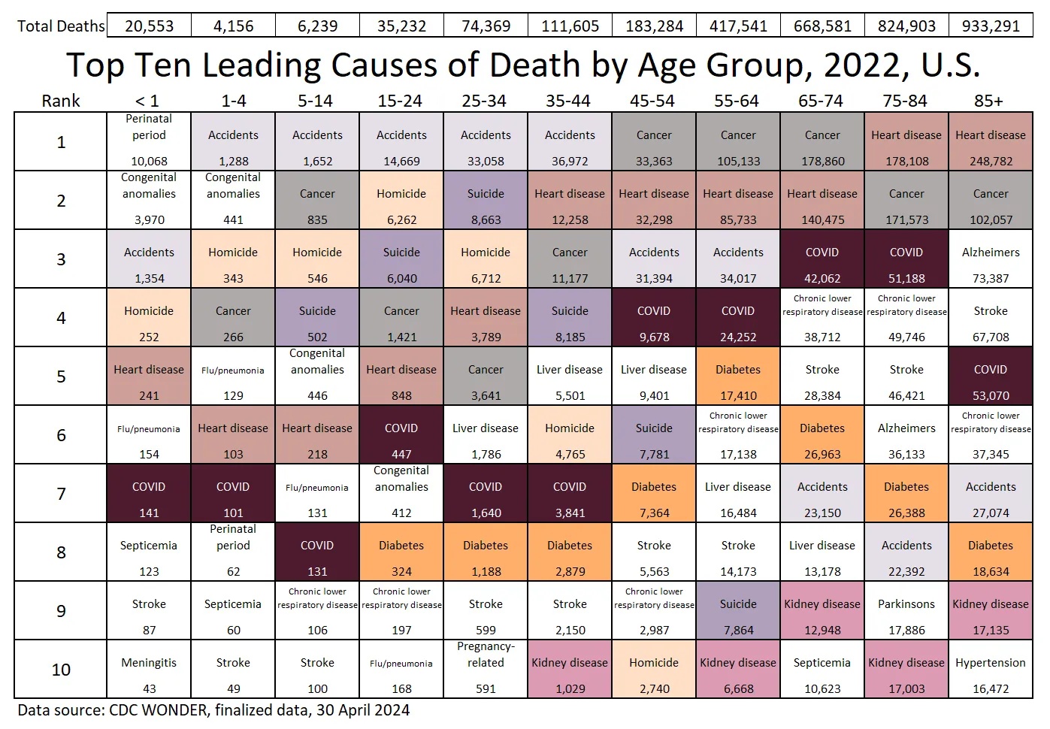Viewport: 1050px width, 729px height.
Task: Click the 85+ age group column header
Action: (x=988, y=101)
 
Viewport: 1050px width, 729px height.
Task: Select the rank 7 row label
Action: (x=61, y=494)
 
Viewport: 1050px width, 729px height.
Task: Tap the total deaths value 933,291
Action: (x=991, y=26)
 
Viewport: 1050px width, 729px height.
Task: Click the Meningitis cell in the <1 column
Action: (x=149, y=670)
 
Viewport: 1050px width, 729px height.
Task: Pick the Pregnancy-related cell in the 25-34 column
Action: (x=486, y=668)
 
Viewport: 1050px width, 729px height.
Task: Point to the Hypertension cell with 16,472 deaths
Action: (x=990, y=670)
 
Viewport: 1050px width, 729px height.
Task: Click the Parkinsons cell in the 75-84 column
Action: (x=906, y=611)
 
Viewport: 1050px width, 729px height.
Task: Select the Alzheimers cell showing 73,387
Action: (x=990, y=259)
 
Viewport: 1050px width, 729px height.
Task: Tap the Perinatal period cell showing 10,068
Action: (x=149, y=141)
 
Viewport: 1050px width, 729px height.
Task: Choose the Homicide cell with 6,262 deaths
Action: (x=401, y=201)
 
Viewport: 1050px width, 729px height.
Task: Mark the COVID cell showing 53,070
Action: (x=990, y=377)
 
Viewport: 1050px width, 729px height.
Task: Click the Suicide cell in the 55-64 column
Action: (x=738, y=611)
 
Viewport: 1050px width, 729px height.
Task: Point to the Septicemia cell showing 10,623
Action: (x=822, y=670)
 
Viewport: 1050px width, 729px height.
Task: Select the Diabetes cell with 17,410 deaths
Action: (x=738, y=377)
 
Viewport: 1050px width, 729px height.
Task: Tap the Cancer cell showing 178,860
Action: (x=822, y=141)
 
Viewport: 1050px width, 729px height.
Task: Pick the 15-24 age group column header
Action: (x=400, y=101)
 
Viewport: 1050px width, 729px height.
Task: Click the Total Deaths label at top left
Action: (x=61, y=26)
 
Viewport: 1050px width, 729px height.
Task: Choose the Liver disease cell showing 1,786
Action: (x=486, y=435)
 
